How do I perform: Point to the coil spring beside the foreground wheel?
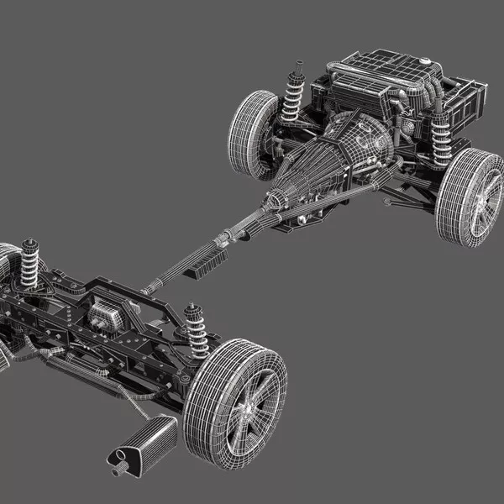point(197,330)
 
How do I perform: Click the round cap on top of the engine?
point(426,62)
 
